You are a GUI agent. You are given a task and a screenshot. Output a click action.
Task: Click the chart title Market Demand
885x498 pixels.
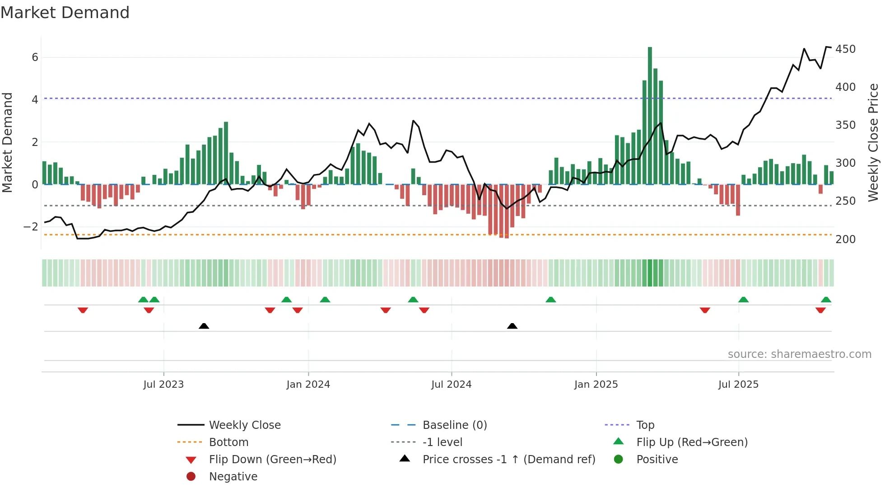(65, 13)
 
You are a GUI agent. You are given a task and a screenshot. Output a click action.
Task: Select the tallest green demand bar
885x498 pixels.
(650, 116)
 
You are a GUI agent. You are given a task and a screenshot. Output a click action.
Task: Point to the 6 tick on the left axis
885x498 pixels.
(35, 57)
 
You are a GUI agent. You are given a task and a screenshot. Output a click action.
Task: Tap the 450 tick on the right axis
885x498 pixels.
(845, 49)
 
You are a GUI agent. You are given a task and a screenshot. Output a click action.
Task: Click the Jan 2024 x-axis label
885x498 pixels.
(308, 385)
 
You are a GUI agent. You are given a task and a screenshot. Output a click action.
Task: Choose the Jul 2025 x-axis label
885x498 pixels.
(738, 385)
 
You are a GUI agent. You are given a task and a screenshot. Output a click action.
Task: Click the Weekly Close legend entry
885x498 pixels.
(244, 425)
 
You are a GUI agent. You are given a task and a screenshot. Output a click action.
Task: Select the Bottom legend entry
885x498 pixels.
(228, 442)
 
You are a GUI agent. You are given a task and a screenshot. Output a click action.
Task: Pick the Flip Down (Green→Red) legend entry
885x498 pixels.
(272, 460)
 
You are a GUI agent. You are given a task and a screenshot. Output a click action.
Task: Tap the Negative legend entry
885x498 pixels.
(233, 477)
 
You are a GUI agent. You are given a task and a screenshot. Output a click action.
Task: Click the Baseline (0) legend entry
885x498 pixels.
(454, 425)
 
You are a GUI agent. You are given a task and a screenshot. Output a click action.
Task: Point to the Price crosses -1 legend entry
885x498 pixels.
(508, 460)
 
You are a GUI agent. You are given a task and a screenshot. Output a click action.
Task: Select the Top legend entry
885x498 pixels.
(645, 425)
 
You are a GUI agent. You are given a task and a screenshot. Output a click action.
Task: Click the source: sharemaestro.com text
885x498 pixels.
(799, 354)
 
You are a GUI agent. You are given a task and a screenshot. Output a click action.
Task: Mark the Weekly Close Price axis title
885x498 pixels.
(873, 142)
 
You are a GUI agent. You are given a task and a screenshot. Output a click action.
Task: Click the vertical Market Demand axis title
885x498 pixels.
(8, 142)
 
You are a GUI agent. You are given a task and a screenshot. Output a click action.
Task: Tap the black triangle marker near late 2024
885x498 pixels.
(512, 326)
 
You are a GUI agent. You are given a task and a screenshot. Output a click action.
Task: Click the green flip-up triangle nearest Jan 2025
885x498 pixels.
(550, 300)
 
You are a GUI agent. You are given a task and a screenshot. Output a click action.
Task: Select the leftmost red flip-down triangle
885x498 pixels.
(83, 310)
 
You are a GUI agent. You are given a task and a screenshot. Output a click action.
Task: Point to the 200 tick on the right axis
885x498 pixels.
(845, 240)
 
